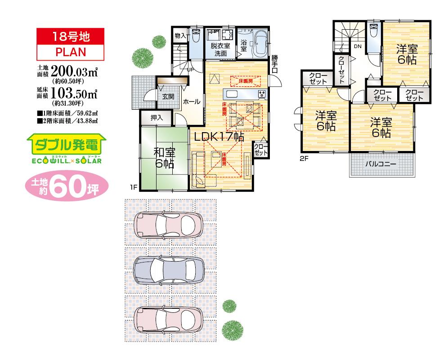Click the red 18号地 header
pyautogui.click(x=70, y=36)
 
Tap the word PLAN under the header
pyautogui.click(x=70, y=51)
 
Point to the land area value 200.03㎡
pyautogui.click(x=75, y=71)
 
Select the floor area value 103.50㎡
pyautogui.click(x=75, y=93)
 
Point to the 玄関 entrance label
pyautogui.click(x=168, y=97)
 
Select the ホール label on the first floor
pyautogui.click(x=192, y=102)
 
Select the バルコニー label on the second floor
pyautogui.click(x=381, y=164)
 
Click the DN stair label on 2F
pyautogui.click(x=358, y=46)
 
